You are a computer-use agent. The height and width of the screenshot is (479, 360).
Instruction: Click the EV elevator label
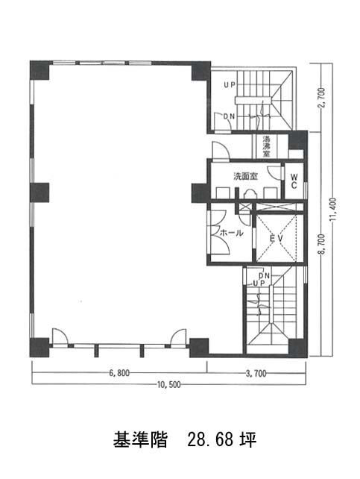click(277, 238)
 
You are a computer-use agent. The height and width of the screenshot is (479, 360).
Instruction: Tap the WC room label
click(294, 181)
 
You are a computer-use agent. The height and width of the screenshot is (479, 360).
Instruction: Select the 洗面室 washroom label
click(246, 176)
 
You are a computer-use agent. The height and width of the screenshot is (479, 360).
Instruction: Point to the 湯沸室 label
click(267, 146)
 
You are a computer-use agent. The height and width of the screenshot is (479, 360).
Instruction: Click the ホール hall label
click(232, 233)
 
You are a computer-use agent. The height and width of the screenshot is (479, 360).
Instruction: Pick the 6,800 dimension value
click(119, 373)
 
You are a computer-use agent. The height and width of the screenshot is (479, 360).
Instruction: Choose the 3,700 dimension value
click(256, 373)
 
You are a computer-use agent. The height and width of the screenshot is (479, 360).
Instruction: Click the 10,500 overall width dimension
click(168, 384)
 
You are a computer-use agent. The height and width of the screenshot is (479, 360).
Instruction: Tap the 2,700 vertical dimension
click(321, 98)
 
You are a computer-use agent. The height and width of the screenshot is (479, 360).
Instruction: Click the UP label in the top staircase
click(230, 86)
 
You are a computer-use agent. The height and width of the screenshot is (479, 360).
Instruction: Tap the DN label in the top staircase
click(229, 116)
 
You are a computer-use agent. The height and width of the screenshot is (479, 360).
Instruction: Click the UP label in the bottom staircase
click(259, 284)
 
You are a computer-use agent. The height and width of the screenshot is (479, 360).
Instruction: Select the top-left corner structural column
click(40, 71)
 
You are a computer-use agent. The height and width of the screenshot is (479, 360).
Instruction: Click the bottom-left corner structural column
click(40, 348)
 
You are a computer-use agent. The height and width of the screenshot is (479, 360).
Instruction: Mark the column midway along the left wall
click(40, 192)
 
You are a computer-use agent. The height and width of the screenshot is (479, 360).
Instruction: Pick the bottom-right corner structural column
click(297, 348)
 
